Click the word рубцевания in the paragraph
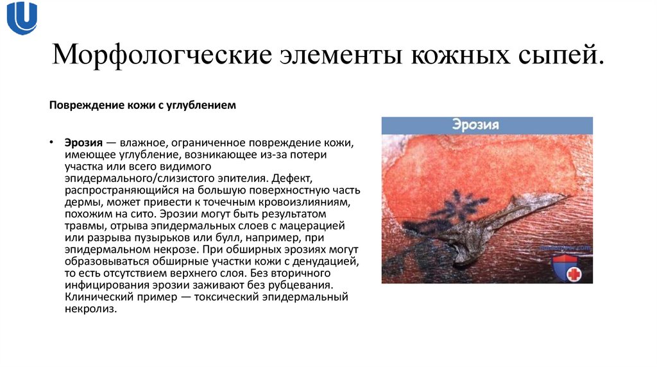point(306,285)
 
